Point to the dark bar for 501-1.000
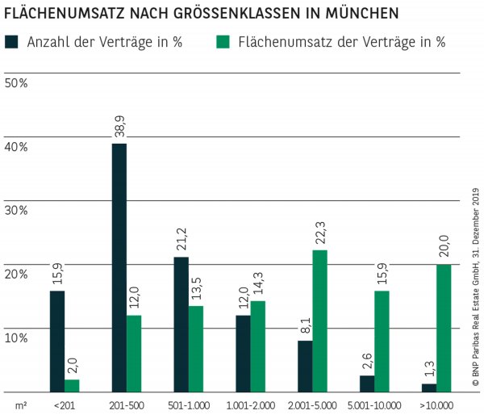[x=181, y=324]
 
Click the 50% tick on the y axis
[x=16, y=83]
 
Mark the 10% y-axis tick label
[x=16, y=337]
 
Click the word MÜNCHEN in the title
[x=356, y=14]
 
